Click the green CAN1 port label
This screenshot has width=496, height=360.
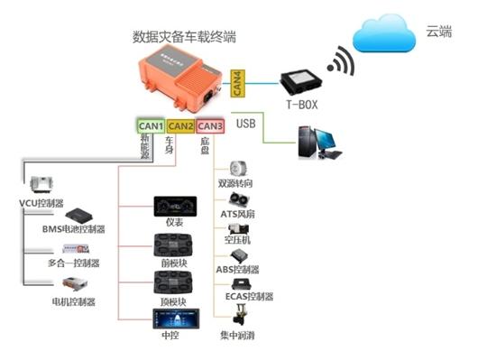150,126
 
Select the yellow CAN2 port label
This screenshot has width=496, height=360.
180,126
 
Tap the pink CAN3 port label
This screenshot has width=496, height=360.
210,126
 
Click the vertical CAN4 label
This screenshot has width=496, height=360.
236,82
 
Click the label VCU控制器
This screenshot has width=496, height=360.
41,204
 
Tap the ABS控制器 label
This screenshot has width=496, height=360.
239,269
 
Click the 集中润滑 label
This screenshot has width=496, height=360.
239,337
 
